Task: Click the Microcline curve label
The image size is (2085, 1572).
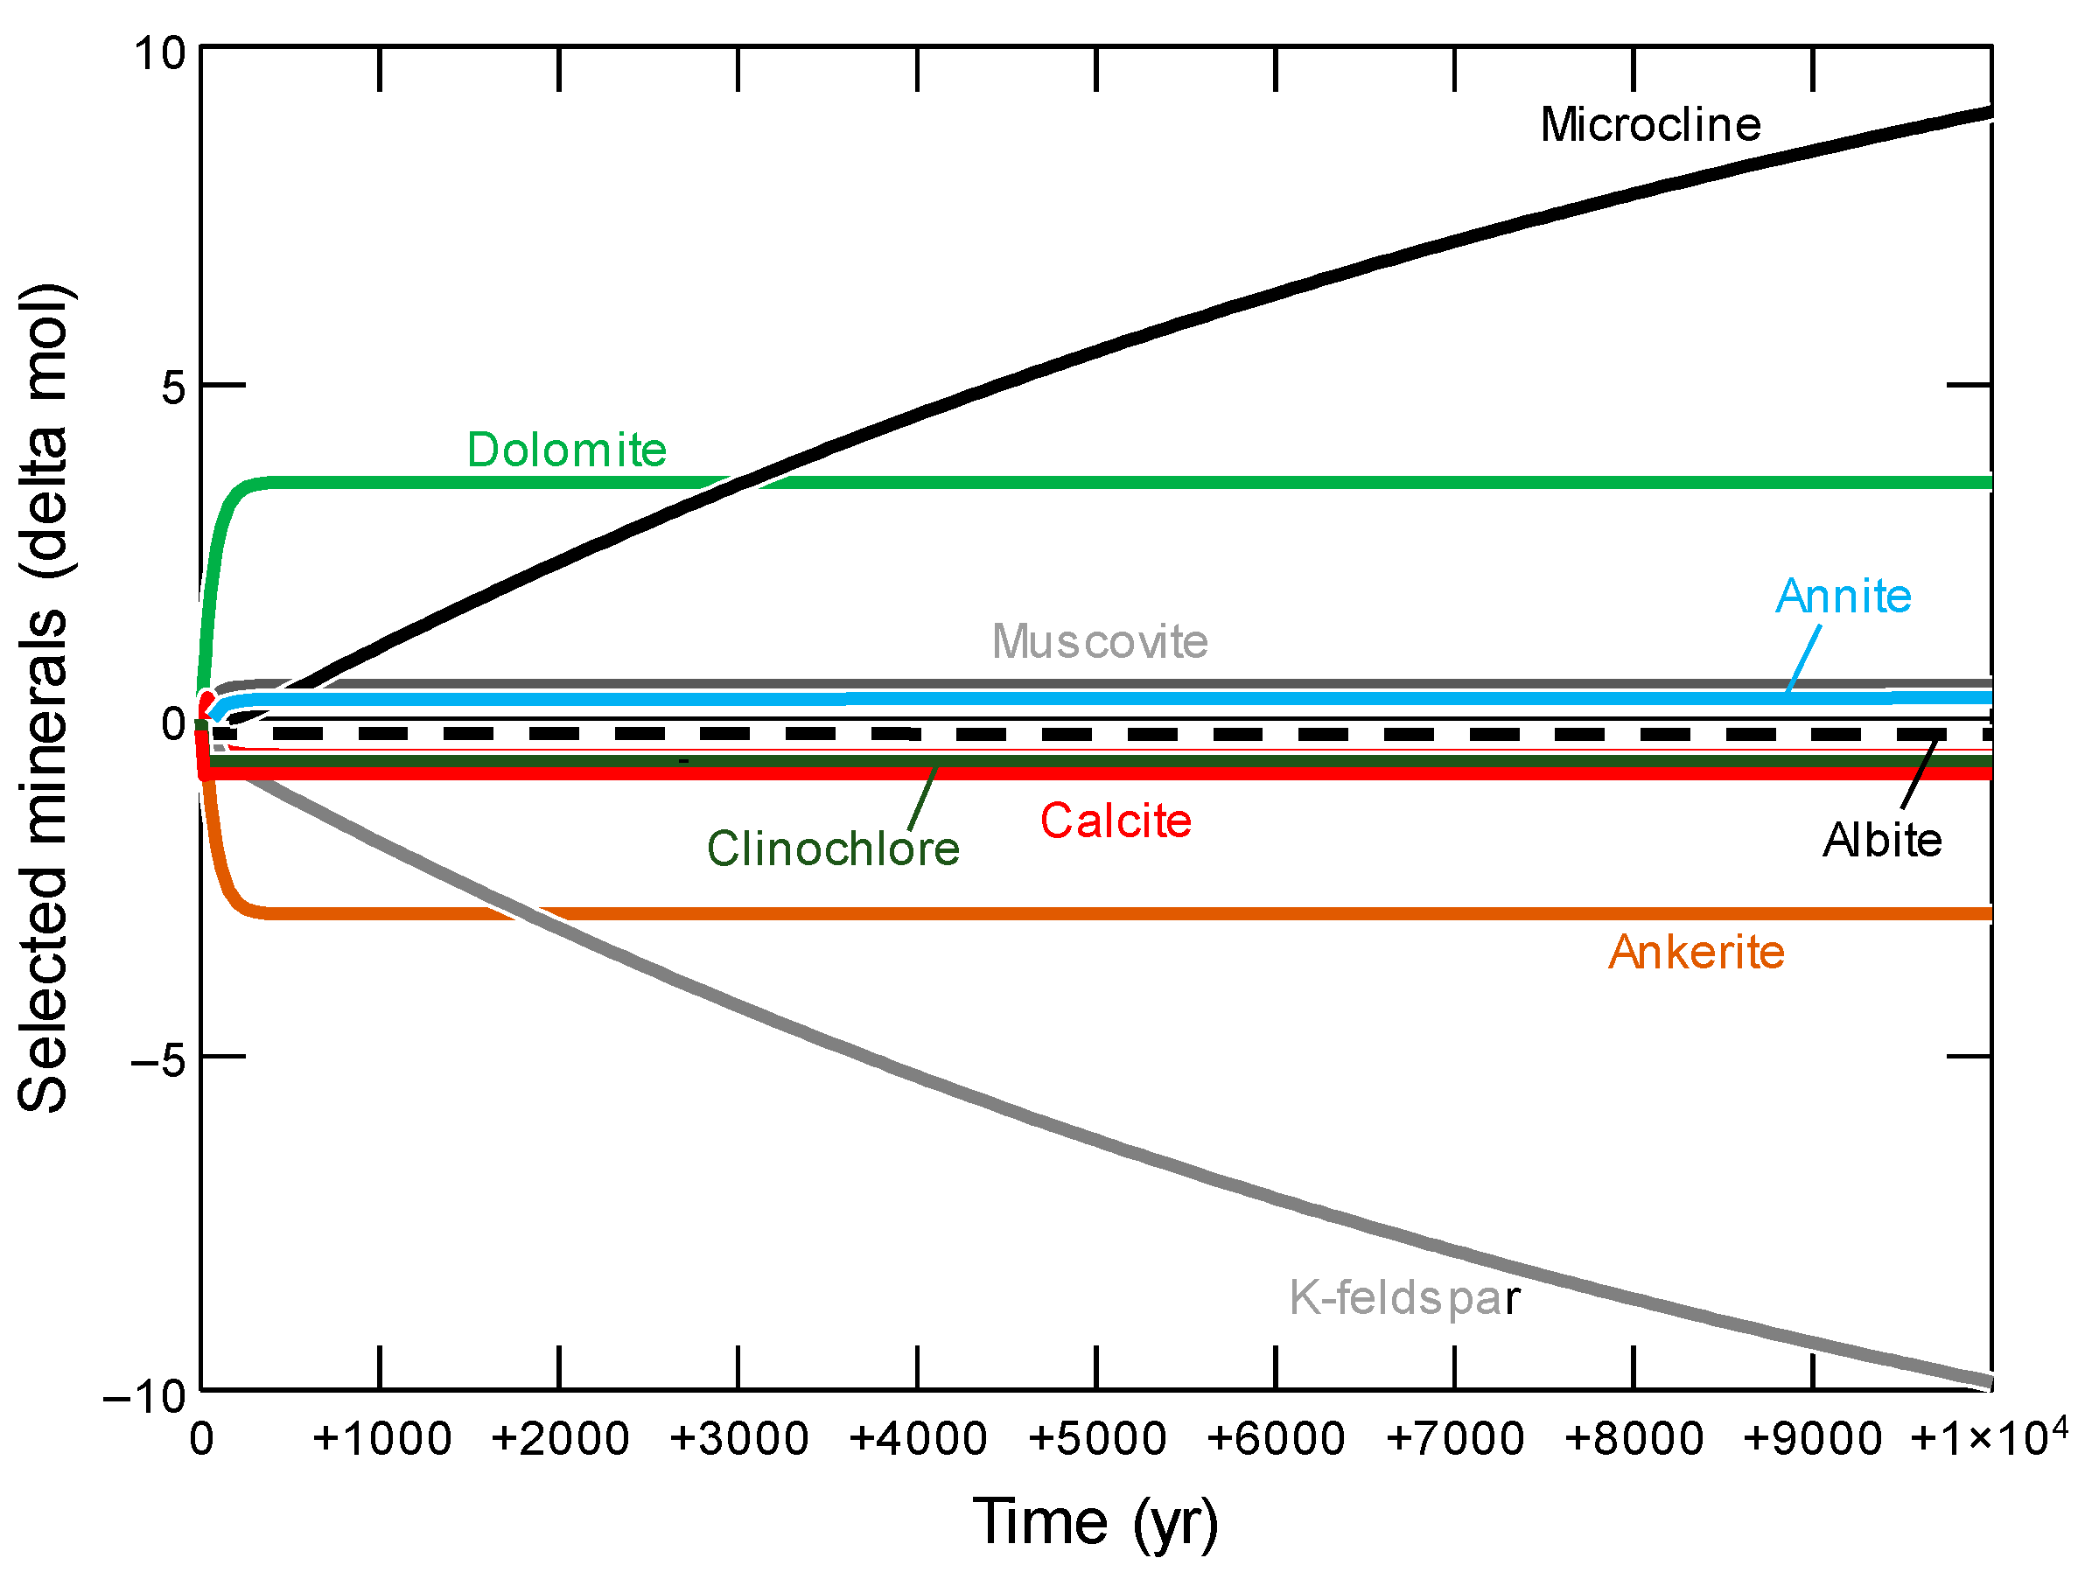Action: [x=1649, y=124]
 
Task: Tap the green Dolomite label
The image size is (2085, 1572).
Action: [x=566, y=450]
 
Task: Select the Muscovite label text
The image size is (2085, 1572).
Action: [x=1099, y=642]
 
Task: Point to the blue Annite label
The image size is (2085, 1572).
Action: [x=1843, y=596]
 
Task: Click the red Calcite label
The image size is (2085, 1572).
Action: [x=1115, y=820]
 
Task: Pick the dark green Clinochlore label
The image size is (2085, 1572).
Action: [x=832, y=849]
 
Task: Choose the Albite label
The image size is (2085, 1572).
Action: [x=1881, y=840]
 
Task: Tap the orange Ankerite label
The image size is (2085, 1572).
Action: [x=1696, y=952]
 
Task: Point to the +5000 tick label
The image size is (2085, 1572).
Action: [x=1096, y=1439]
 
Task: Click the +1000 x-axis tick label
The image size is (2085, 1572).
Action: [x=381, y=1439]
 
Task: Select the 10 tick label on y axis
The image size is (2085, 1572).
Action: [x=159, y=53]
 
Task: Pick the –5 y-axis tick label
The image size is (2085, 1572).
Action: [x=159, y=1060]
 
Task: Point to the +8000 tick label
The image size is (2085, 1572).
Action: [x=1634, y=1439]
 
